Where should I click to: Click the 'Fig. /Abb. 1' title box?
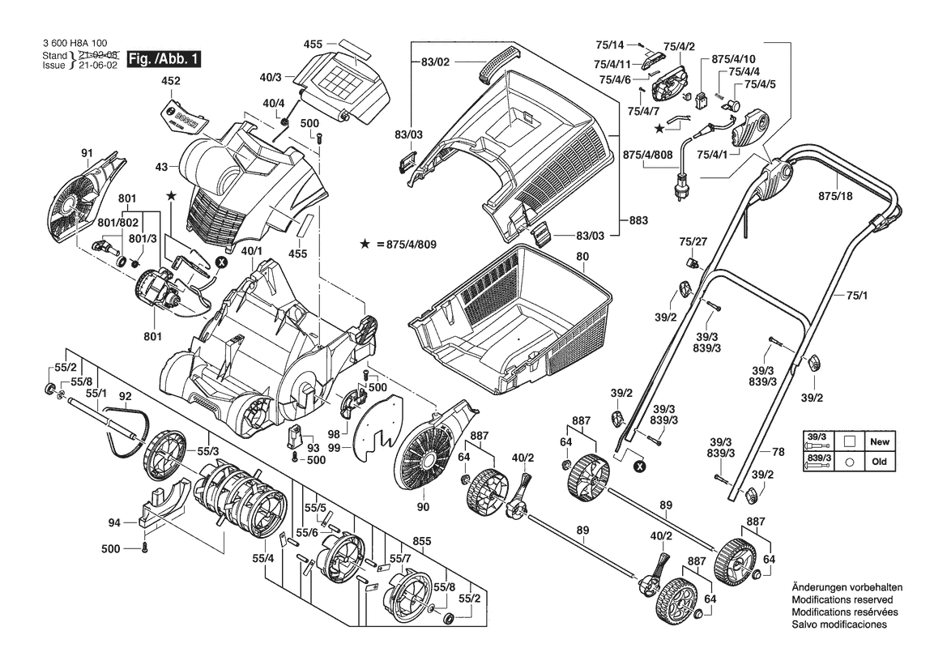163,59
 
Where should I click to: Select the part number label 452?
171,81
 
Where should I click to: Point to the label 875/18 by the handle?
835,196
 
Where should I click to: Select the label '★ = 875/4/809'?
398,245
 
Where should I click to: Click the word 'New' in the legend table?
880,441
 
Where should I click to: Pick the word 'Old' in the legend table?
880,462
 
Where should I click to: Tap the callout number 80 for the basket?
582,257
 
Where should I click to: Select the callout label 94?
114,523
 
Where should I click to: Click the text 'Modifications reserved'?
842,599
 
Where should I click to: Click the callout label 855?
421,542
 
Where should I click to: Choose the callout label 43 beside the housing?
161,166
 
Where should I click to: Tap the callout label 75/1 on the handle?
856,296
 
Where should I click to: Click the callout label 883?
638,220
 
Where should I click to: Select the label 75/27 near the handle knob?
693,242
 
